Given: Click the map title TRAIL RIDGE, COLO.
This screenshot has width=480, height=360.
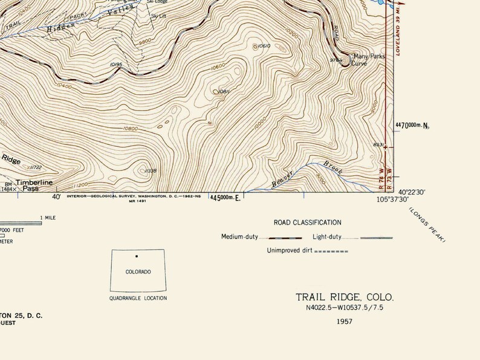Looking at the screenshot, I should pyautogui.click(x=344, y=297).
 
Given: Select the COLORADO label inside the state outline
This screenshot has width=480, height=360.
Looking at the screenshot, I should pyautogui.click(x=138, y=272).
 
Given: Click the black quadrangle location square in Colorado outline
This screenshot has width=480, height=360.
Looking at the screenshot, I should pyautogui.click(x=137, y=256).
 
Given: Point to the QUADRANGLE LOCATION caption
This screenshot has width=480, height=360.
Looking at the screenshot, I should pyautogui.click(x=138, y=298).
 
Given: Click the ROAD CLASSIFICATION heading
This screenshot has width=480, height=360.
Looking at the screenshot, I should pyautogui.click(x=307, y=223).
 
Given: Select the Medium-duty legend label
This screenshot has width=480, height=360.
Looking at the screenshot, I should pyautogui.click(x=240, y=237).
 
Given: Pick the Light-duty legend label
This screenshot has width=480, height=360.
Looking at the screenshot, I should pyautogui.click(x=328, y=237).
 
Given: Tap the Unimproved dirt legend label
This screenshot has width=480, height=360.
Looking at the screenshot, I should pyautogui.click(x=290, y=250).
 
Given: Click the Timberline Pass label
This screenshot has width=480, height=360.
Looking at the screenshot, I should pyautogui.click(x=34, y=185).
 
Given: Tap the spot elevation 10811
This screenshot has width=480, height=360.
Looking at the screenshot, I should pyautogui.click(x=222, y=91).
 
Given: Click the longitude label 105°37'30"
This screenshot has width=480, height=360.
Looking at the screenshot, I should pyautogui.click(x=393, y=199).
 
